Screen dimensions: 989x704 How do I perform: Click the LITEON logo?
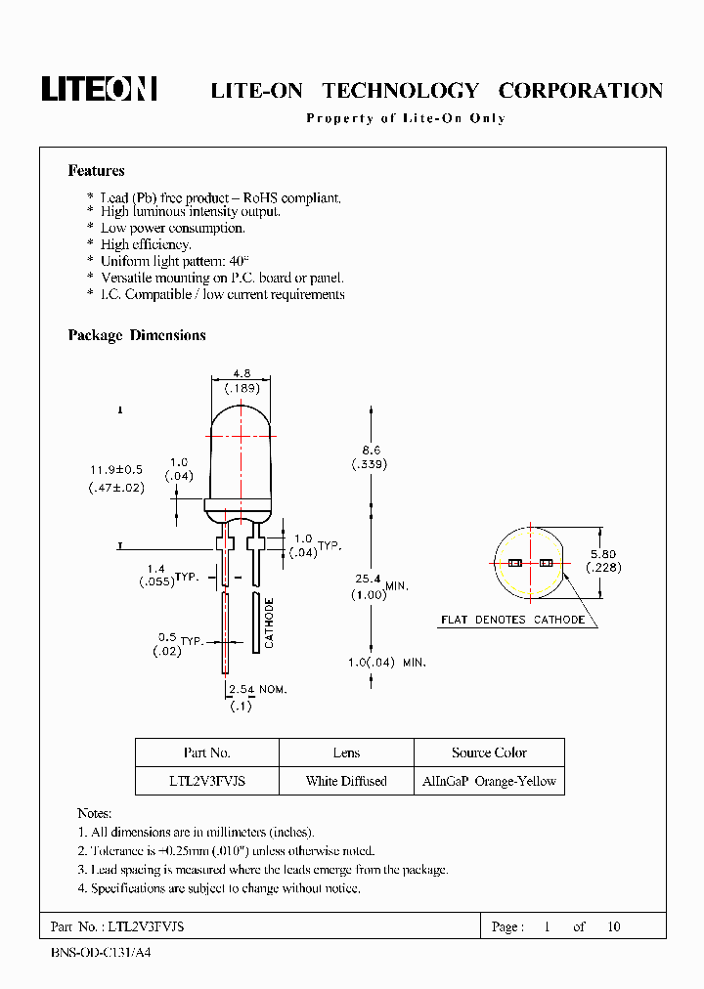99,89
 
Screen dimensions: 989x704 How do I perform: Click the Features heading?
96,171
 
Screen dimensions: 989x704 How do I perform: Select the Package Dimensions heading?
137,335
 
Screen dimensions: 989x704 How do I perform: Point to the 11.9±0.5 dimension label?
115,470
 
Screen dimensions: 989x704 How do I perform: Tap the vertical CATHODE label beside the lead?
269,623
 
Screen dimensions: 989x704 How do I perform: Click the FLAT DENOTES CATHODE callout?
512,620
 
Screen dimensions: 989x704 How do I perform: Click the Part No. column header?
206,752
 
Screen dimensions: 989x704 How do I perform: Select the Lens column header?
346,752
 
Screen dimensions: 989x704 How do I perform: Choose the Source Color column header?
489,752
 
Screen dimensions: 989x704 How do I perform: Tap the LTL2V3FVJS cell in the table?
206,781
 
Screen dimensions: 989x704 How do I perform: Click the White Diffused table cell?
346,781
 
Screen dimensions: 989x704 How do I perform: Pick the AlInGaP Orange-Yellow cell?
489,781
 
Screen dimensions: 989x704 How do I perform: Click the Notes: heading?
95,813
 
